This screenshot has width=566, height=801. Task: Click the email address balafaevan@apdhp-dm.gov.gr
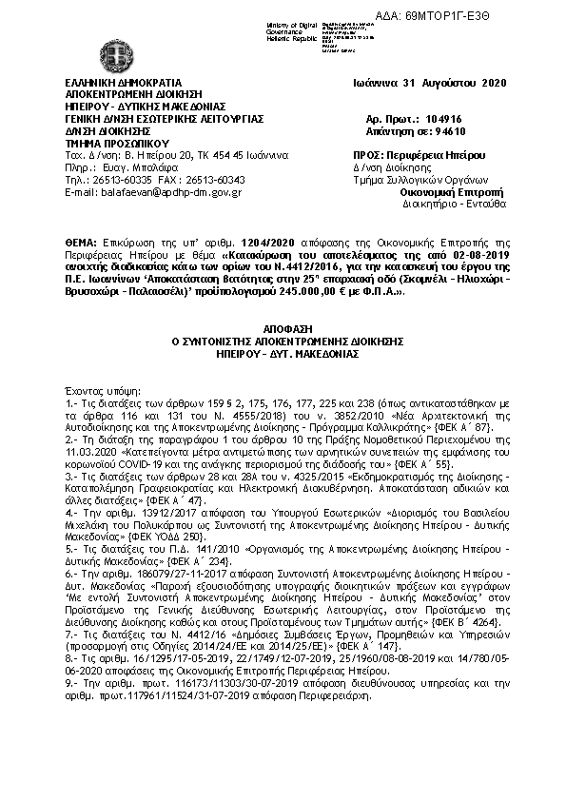152,192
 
